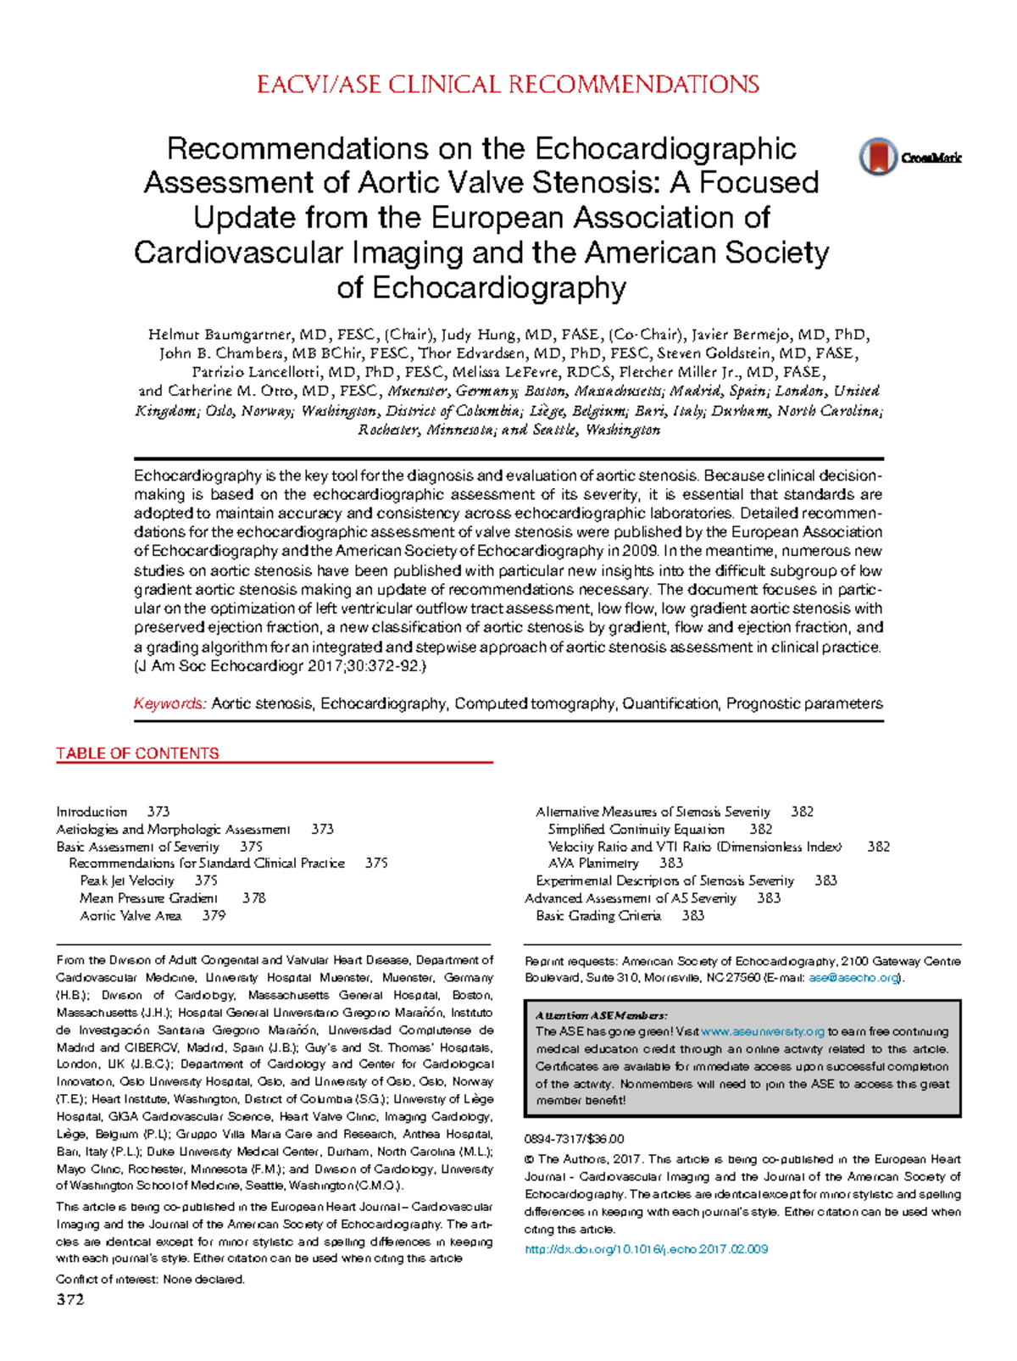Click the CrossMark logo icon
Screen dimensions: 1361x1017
tap(878, 157)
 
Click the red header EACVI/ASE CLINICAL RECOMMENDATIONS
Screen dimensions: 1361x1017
tap(508, 85)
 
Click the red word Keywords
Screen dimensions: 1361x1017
tap(169, 703)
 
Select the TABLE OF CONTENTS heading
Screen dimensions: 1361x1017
tap(137, 753)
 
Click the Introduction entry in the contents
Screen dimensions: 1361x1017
tap(92, 812)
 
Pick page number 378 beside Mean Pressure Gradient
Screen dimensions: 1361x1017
tap(253, 897)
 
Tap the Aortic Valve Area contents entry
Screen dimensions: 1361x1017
tap(131, 915)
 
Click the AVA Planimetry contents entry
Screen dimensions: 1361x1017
tap(593, 863)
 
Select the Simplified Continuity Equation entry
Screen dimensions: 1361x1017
tap(636, 829)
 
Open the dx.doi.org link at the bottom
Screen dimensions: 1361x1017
tap(646, 1249)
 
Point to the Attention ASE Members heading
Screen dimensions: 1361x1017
tap(601, 1014)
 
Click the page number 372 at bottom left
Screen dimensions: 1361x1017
tap(70, 1300)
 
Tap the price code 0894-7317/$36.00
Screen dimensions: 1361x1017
tap(574, 1139)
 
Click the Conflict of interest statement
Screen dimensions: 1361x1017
tap(150, 1280)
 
